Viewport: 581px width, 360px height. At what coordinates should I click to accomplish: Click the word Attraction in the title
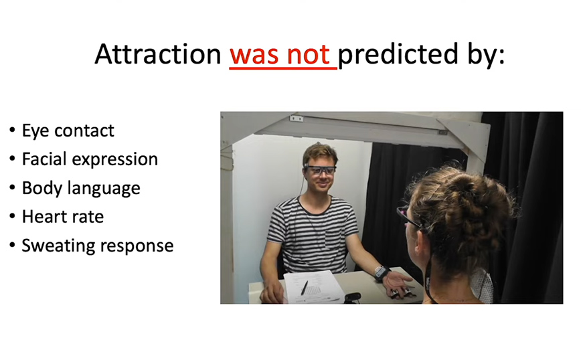coord(158,54)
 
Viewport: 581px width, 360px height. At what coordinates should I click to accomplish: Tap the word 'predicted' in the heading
coord(398,55)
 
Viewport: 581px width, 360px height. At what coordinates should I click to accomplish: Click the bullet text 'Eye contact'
coord(68,130)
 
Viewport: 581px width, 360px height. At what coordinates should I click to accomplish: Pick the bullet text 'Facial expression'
coord(90,159)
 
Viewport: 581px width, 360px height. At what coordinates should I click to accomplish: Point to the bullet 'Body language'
coord(81,188)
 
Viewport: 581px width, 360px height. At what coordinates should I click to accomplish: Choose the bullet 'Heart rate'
coord(63,217)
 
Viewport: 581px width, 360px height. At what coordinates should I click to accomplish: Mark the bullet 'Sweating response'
coord(98,246)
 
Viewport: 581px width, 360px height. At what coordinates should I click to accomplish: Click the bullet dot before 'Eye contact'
coord(12,130)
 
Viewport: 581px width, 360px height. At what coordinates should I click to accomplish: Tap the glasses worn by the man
coord(320,170)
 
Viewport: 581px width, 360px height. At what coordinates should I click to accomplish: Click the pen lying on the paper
coord(304,288)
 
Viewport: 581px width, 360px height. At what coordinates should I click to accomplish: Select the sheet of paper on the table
coord(314,287)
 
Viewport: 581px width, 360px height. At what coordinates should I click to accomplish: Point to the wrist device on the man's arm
coord(382,273)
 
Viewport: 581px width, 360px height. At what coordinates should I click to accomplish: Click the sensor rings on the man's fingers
coord(400,293)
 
